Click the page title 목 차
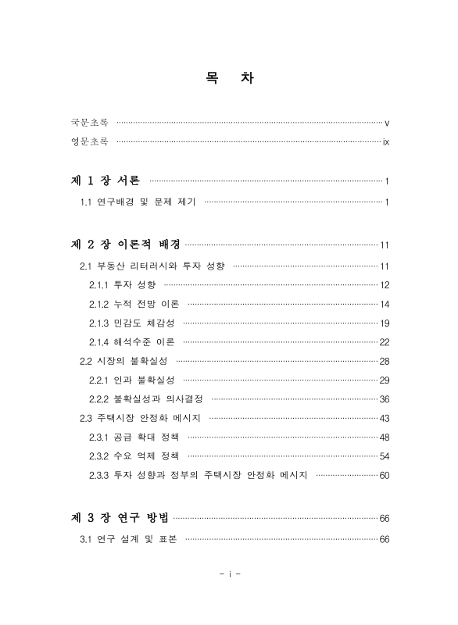pyautogui.click(x=228, y=79)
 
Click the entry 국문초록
pyautogui.click(x=90, y=123)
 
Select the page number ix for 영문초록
pyautogui.click(x=386, y=142)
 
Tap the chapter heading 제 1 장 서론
pyautogui.click(x=106, y=181)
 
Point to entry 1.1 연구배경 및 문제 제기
pyautogui.click(x=138, y=203)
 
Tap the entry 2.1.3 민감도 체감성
pyautogui.click(x=132, y=323)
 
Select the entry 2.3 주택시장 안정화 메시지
pyautogui.click(x=141, y=418)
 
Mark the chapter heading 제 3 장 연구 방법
pyautogui.click(x=121, y=517)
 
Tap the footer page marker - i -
pyautogui.click(x=229, y=575)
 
